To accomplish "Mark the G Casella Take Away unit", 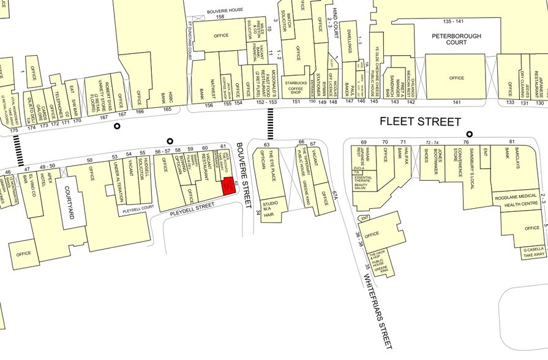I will coord(534,253).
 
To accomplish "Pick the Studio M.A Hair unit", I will coord(269,208).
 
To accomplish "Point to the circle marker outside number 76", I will coord(470,134).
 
